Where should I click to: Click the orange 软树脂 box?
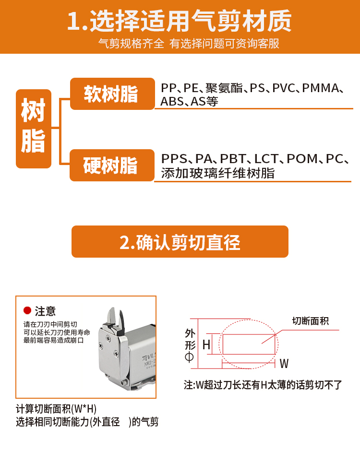112,94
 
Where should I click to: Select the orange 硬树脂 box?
112,166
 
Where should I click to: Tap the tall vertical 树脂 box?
34,129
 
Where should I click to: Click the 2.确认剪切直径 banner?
180,242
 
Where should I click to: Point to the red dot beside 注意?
27,310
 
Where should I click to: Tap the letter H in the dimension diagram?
206,344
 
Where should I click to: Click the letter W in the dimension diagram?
284,364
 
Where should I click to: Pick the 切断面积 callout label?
310,320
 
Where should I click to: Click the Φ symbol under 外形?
189,357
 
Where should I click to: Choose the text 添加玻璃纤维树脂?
218,173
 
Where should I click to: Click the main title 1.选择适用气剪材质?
180,21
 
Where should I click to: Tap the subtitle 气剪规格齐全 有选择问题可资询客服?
189,44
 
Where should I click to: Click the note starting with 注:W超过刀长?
263,385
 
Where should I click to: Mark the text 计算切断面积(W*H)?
56,409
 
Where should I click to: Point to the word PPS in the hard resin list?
174,159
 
